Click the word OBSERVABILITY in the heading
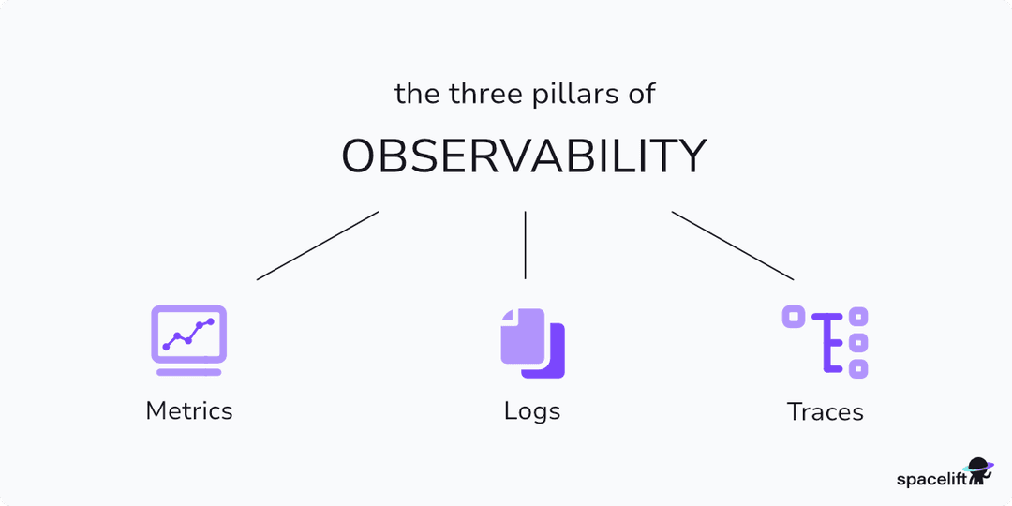click(524, 157)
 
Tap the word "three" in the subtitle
click(478, 94)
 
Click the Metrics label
click(189, 410)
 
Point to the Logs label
click(532, 410)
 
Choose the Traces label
click(826, 411)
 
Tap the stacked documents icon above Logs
click(532, 343)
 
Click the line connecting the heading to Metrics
click(318, 246)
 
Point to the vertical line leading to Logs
click(525, 245)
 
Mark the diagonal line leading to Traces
click(733, 246)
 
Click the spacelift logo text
click(930, 479)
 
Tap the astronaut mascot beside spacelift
click(980, 472)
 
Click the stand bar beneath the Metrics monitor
click(189, 372)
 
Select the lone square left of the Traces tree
click(794, 317)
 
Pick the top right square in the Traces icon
click(857, 317)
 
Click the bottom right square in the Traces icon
click(857, 368)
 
